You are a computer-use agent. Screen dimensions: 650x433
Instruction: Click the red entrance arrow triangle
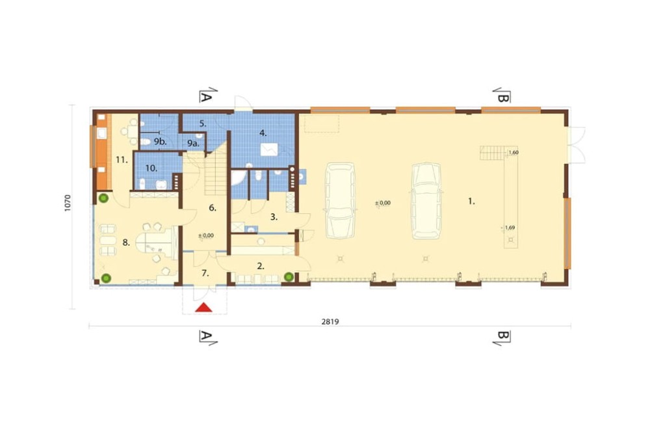tap(204, 308)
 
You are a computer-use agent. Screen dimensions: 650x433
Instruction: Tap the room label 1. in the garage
tap(471, 202)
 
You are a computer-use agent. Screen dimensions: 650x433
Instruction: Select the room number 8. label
tap(127, 243)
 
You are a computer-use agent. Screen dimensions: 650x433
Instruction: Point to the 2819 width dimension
tap(330, 321)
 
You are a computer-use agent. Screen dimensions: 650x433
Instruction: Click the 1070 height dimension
tap(68, 203)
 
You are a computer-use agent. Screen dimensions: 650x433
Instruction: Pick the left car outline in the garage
tap(341, 200)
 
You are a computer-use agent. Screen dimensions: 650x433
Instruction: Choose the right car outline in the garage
tap(426, 201)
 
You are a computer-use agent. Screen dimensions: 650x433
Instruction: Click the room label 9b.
tap(160, 142)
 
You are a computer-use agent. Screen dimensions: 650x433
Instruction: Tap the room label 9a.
tap(193, 144)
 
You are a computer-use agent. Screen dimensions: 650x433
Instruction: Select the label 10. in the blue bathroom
tap(151, 168)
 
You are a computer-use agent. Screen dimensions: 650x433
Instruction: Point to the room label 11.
tap(122, 160)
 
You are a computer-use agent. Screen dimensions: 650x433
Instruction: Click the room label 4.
tap(263, 133)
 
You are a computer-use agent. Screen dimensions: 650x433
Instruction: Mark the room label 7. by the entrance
tap(205, 273)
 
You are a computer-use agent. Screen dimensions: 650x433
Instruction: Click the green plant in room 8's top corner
tap(103, 198)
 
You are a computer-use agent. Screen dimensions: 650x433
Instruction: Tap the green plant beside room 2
tap(289, 276)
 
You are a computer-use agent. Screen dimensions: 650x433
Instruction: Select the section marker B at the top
tap(502, 96)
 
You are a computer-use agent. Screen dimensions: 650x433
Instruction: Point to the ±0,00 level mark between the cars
tap(383, 203)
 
